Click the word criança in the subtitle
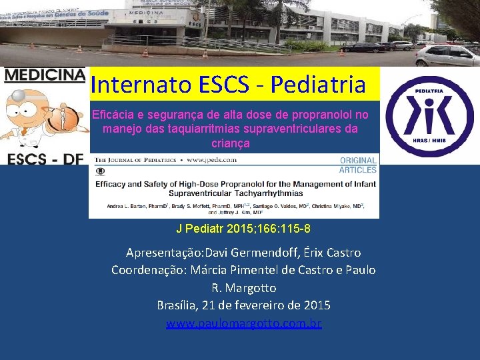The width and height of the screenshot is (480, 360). coord(230,143)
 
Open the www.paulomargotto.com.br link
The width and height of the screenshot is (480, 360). coord(243,324)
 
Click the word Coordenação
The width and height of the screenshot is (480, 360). coord(149,270)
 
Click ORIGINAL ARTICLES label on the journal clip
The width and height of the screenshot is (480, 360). coord(358,165)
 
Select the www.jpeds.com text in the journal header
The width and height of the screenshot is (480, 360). coord(213,161)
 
